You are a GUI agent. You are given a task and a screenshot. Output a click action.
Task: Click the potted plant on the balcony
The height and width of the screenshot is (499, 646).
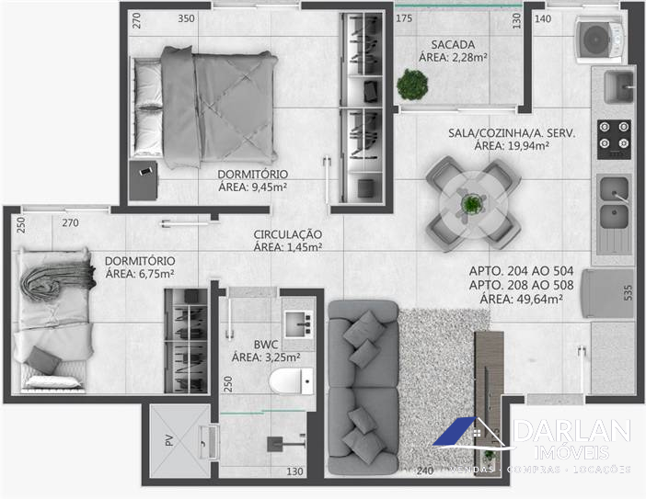click(412, 85)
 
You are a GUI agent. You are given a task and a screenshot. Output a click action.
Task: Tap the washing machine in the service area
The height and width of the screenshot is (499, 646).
click(600, 40)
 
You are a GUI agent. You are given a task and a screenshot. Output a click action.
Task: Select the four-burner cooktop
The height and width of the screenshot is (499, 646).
click(614, 140)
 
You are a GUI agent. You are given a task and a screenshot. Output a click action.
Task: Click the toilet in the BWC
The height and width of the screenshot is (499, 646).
click(292, 381)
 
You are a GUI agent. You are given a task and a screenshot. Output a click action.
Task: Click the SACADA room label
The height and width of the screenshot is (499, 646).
click(453, 44)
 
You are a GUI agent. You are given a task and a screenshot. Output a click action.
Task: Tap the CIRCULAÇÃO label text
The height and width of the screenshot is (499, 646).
click(287, 234)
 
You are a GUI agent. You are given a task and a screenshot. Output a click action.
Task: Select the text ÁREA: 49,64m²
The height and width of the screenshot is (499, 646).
click(521, 299)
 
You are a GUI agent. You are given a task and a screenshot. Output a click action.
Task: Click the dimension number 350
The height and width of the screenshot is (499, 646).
click(186, 18)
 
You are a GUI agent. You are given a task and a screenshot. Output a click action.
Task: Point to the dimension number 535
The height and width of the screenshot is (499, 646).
click(628, 292)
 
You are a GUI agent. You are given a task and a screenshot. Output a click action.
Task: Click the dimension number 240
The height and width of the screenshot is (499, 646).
click(425, 471)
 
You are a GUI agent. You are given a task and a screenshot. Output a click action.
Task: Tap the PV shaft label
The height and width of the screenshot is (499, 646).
click(169, 440)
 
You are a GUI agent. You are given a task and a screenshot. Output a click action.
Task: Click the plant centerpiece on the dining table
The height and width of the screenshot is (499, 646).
click(471, 204)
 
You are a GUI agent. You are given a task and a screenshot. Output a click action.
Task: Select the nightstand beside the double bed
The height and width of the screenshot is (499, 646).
click(143, 181)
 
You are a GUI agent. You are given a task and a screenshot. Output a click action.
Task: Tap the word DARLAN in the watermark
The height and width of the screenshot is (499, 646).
click(572, 431)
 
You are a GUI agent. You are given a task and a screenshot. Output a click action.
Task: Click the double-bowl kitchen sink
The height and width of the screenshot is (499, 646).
click(614, 203)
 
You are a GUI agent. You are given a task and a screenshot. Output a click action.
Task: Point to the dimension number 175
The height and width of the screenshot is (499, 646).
click(404, 18)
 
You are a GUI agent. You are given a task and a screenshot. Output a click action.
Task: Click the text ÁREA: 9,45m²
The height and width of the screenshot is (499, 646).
click(252, 187)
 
